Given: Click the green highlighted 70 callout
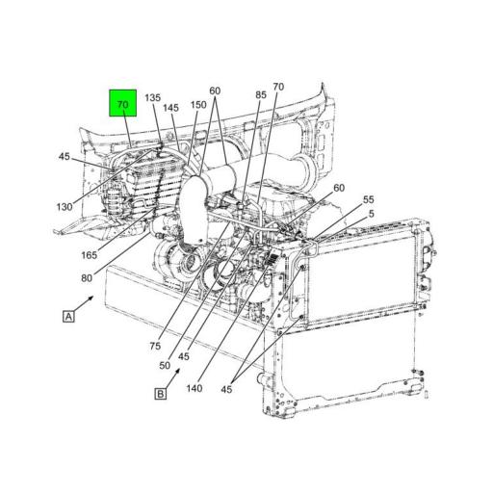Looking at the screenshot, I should (122, 104).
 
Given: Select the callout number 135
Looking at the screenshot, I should (153, 98).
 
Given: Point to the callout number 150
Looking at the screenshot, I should (198, 104).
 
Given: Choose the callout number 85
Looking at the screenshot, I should (261, 94).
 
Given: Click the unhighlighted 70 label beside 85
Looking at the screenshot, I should (278, 88).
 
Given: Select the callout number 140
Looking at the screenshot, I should (195, 388).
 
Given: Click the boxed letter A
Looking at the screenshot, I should (68, 316).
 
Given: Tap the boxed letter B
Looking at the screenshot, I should (160, 392).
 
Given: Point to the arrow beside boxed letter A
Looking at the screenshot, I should (88, 301).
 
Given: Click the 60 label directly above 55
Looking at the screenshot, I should (339, 188).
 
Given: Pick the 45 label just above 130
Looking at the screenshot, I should (64, 156).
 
